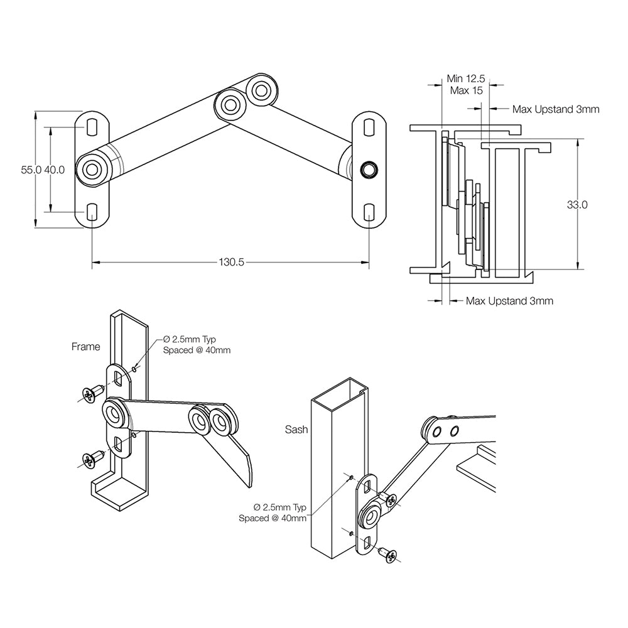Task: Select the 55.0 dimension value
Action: click(x=31, y=170)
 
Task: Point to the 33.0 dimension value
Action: click(x=577, y=205)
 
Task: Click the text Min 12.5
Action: click(x=465, y=78)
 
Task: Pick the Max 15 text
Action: click(x=466, y=90)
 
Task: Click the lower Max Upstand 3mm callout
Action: click(x=509, y=301)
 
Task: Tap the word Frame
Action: click(x=85, y=346)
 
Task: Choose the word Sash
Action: click(x=295, y=430)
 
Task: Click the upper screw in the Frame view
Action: click(x=92, y=392)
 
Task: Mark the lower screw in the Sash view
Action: click(x=389, y=555)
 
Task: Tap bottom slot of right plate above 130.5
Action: click(x=369, y=212)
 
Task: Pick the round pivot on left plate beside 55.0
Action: click(x=93, y=170)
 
